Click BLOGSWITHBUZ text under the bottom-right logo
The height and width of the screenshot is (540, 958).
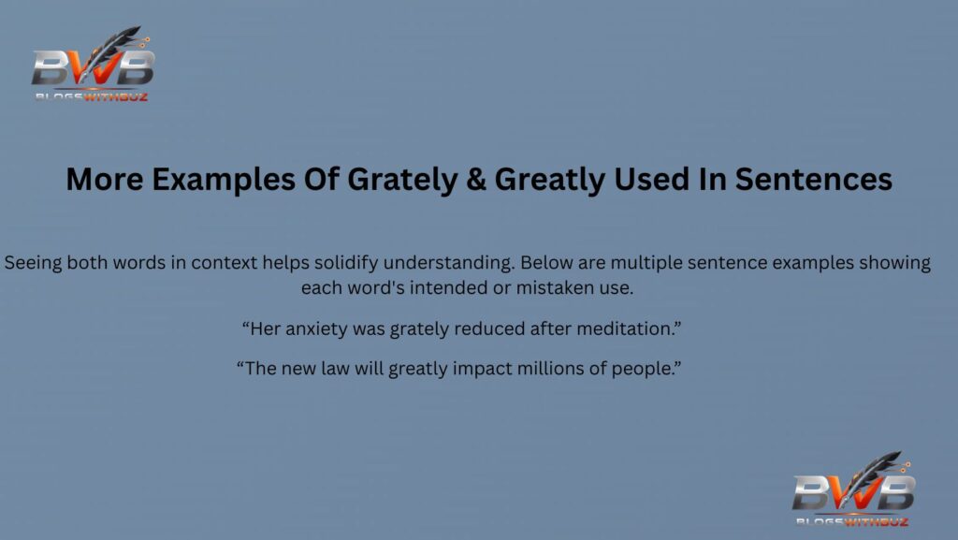click(x=851, y=520)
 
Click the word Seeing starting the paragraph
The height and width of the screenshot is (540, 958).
click(x=34, y=263)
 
